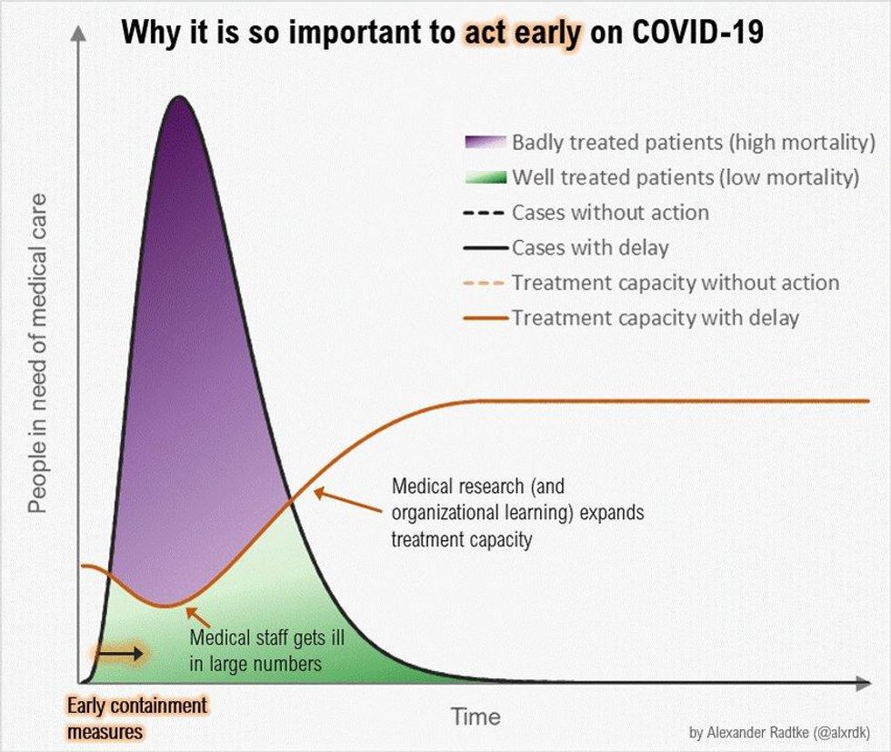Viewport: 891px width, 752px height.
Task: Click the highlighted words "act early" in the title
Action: point(521,35)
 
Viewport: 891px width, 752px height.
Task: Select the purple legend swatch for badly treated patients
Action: point(484,143)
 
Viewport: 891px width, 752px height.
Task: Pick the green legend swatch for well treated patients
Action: point(484,177)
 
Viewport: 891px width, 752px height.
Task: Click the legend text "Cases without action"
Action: point(610,213)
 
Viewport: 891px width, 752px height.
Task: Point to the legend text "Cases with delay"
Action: point(590,247)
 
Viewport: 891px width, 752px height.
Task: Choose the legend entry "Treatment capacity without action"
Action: point(675,283)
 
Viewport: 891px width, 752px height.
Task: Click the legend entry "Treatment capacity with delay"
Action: point(655,317)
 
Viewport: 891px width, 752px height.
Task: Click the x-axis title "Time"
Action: point(476,717)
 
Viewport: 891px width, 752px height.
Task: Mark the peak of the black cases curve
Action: point(180,96)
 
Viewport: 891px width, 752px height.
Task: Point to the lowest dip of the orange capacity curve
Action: point(164,606)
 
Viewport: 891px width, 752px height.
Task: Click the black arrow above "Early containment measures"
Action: point(119,653)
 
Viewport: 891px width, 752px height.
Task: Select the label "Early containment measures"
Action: point(137,717)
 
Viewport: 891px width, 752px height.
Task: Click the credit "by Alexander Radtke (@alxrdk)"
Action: point(779,732)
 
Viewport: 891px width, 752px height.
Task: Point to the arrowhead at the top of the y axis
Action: point(80,32)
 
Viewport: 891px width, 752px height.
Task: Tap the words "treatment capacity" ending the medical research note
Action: point(461,539)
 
